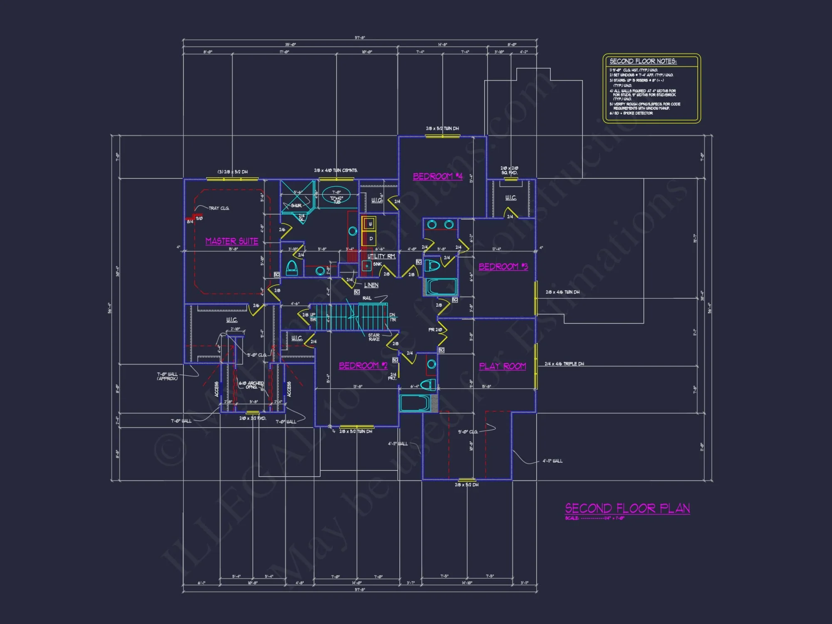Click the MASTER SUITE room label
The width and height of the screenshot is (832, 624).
tap(232, 241)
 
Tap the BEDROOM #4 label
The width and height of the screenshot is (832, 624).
tap(438, 176)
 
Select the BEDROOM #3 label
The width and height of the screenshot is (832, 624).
tap(503, 267)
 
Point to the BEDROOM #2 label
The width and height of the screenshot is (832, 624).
tap(363, 366)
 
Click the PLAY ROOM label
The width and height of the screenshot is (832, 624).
tap(503, 366)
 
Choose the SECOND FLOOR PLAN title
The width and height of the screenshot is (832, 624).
tap(627, 508)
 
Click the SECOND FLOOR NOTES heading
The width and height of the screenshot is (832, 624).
tap(643, 61)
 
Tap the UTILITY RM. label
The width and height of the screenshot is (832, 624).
tap(381, 256)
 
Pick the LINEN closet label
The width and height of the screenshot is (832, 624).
tap(371, 285)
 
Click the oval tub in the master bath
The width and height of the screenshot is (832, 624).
tap(336, 195)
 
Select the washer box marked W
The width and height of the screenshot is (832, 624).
tap(370, 224)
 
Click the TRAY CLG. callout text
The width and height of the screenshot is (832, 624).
tap(219, 208)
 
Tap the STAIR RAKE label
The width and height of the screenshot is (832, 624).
tap(374, 337)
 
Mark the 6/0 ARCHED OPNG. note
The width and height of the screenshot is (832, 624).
tap(251, 385)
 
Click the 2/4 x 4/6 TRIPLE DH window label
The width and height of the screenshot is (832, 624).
tap(564, 364)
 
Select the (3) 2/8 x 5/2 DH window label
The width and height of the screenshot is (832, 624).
tap(232, 172)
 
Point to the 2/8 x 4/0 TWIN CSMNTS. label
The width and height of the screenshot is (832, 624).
tap(336, 171)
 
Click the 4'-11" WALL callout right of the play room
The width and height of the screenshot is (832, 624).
tap(552, 461)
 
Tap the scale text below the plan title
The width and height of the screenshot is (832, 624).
tap(594, 518)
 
